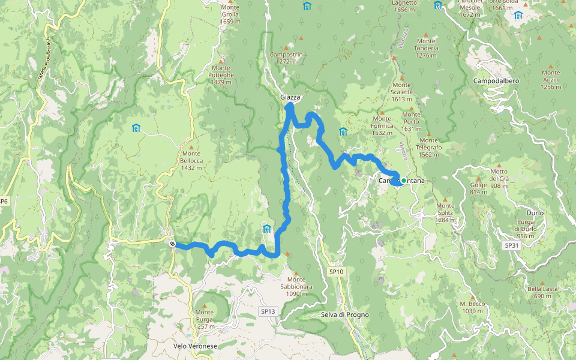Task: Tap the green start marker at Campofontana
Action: [x=404, y=181]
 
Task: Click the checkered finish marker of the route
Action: [x=172, y=244]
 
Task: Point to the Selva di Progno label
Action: [x=345, y=315]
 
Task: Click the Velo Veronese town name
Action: [x=195, y=346]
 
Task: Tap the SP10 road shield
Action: [x=336, y=272]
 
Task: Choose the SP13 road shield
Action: [x=268, y=311]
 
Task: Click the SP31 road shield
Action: [x=511, y=245]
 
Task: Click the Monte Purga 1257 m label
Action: [x=204, y=319]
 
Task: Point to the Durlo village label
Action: [x=535, y=213]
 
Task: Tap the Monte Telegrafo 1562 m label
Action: [x=430, y=151]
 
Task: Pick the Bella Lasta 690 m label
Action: [x=542, y=292]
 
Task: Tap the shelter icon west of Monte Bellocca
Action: [x=136, y=128]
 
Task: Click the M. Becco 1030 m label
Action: [x=472, y=307]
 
